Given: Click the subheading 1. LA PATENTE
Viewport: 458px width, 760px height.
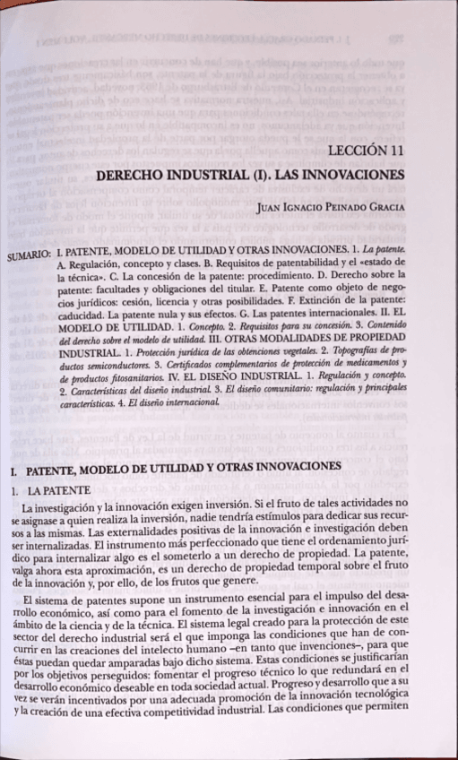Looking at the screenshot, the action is [47, 490].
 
